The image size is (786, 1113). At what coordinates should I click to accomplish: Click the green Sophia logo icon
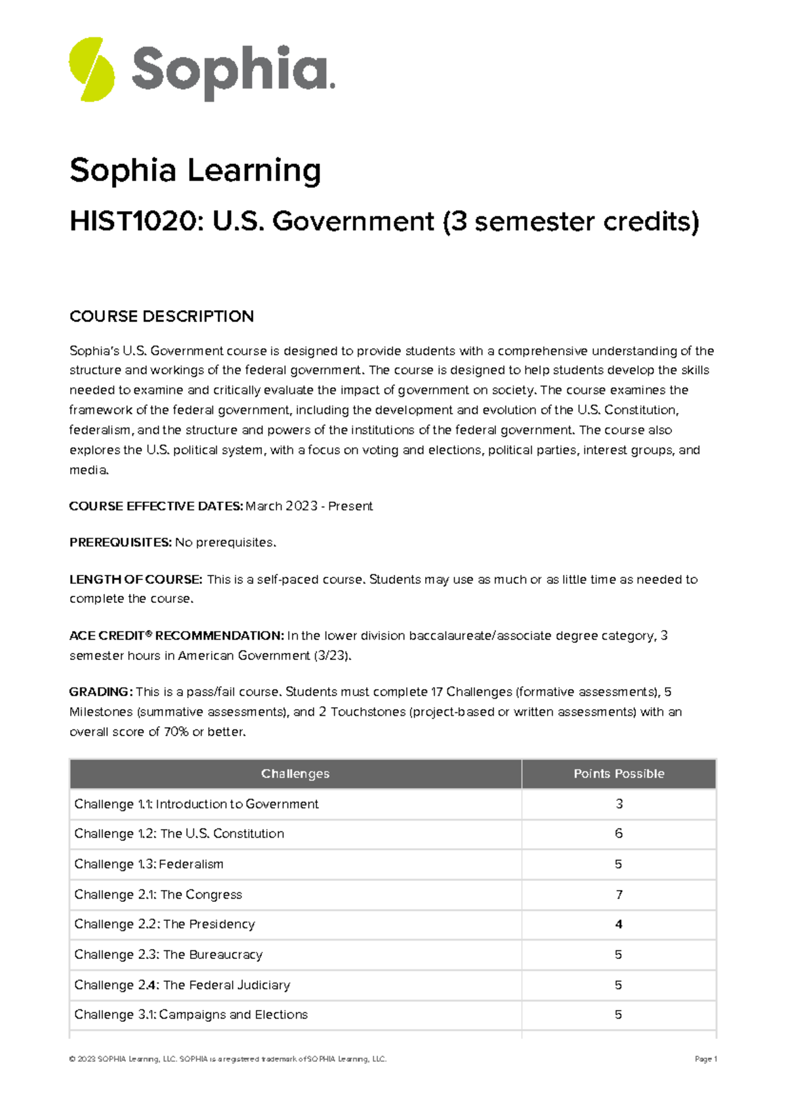(92, 69)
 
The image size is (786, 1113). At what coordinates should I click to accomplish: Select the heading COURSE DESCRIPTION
(161, 317)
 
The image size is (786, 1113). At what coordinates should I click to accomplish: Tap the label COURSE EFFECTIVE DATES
(156, 506)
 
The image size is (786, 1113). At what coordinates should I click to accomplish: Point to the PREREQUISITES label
(121, 543)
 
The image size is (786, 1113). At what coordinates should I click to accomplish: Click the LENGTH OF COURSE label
(136, 579)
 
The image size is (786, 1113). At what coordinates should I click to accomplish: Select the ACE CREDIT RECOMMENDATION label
(176, 636)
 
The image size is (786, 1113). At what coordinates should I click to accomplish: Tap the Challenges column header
(295, 774)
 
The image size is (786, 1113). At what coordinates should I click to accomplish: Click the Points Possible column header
(618, 774)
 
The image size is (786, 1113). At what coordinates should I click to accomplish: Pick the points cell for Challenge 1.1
(619, 804)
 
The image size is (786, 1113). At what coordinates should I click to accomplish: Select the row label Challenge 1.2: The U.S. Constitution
(179, 834)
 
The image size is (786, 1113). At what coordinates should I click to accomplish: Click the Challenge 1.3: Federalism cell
(149, 865)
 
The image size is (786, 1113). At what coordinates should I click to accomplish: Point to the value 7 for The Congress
(619, 895)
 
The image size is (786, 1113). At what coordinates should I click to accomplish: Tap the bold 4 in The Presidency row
(618, 925)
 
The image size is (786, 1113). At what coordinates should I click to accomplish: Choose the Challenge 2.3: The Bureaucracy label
(168, 955)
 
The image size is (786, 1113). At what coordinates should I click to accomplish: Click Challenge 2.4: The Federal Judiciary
(181, 985)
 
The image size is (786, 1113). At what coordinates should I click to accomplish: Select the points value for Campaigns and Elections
(618, 1015)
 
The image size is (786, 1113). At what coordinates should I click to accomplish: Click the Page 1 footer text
(705, 1059)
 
